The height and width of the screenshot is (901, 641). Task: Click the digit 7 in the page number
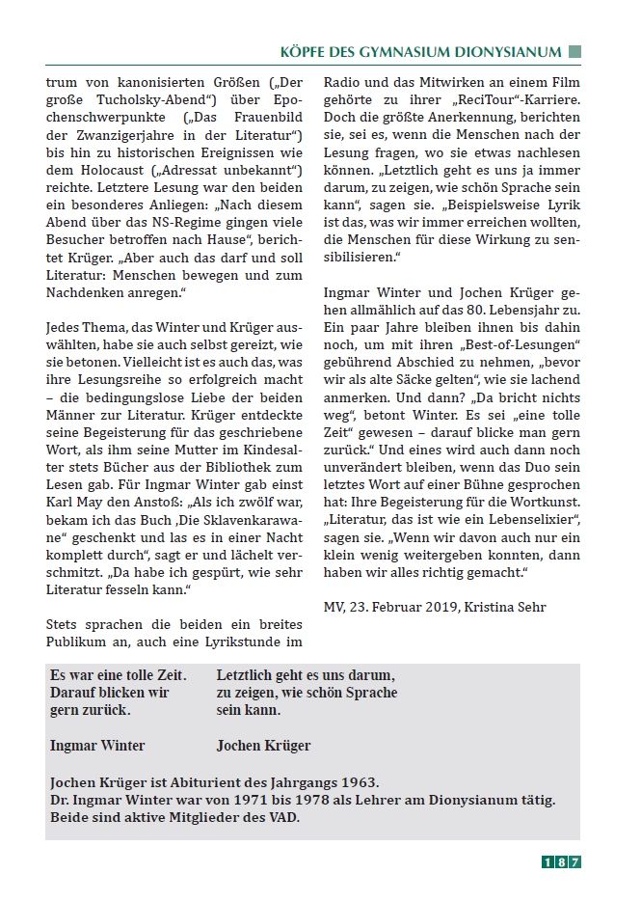tap(575, 863)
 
